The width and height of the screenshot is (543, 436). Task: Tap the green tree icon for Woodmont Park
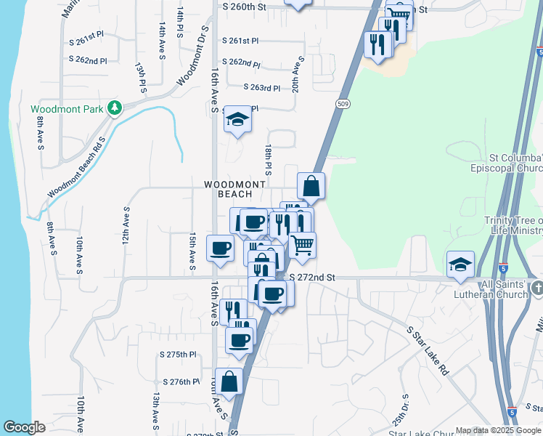[x=114, y=108]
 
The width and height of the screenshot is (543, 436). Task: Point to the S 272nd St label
[x=312, y=278]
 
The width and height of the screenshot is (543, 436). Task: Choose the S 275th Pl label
[x=179, y=355]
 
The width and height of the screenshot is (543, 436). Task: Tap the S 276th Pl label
[x=181, y=381]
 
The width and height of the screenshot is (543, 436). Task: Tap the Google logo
[x=24, y=427]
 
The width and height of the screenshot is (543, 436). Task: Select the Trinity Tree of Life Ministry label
[x=514, y=226]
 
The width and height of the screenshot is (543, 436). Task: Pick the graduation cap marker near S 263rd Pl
[x=237, y=119]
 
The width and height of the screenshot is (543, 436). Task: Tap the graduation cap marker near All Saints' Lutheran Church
[x=460, y=265]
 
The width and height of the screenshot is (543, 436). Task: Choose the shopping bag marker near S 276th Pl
[x=229, y=381]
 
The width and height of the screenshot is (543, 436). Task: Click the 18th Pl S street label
[x=268, y=159]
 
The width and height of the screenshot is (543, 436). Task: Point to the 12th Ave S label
[x=126, y=225]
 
